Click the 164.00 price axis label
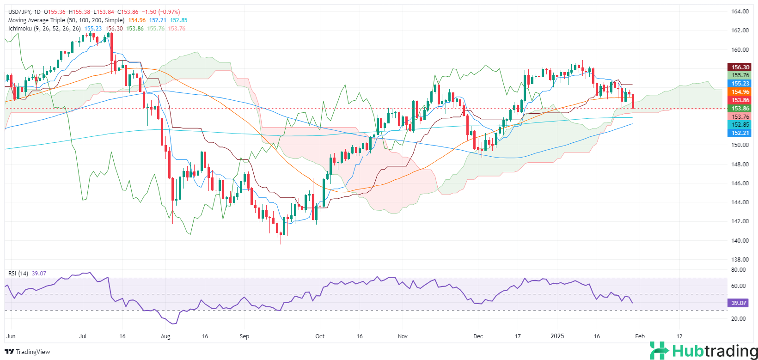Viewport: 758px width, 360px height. (x=740, y=12)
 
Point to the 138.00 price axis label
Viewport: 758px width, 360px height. (x=740, y=259)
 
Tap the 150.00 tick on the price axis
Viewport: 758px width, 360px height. (x=740, y=145)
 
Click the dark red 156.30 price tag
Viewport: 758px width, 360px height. (x=740, y=67)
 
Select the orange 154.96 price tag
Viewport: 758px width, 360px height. (x=740, y=92)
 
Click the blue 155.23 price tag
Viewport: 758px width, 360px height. (x=740, y=84)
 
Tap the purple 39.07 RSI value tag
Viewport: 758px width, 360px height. (x=739, y=303)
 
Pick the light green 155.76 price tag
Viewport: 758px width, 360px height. (x=740, y=75)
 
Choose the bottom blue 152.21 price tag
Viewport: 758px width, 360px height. (x=740, y=133)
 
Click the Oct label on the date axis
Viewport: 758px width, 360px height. (x=320, y=336)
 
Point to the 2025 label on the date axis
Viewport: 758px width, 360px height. (x=557, y=336)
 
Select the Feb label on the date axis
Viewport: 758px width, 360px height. (x=640, y=336)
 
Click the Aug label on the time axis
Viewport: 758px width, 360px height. (x=165, y=336)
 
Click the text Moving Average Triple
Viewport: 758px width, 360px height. (x=37, y=20)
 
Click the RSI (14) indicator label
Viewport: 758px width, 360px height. (x=18, y=274)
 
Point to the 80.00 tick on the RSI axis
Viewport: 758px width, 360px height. (x=739, y=269)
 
